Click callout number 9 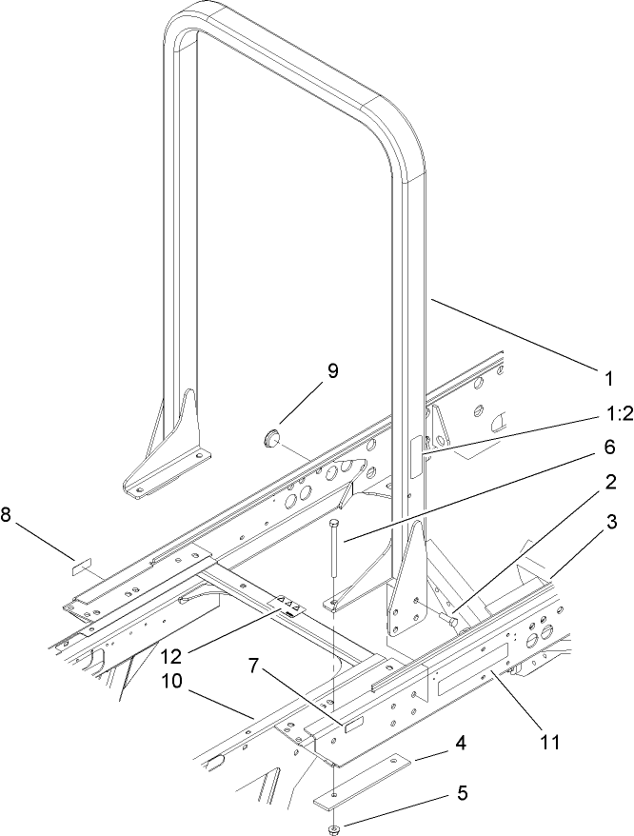tap(332, 372)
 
